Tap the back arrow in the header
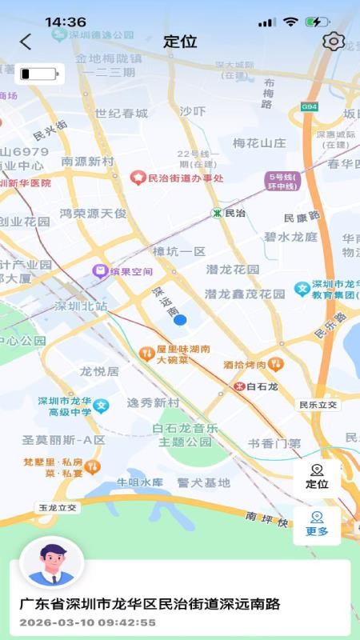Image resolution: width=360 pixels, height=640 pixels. click(26, 42)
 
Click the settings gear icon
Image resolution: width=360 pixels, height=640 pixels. click(333, 42)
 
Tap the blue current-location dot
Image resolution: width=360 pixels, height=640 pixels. click(180, 320)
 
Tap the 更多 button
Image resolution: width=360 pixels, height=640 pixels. click(317, 525)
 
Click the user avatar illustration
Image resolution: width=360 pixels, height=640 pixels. click(51, 562)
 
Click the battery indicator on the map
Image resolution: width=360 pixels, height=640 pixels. click(39, 74)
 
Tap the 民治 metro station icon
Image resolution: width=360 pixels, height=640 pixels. click(217, 214)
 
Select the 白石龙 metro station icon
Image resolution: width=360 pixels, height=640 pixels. click(239, 386)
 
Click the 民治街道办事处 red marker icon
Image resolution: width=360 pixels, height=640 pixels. click(138, 178)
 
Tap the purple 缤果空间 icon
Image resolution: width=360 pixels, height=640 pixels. click(100, 271)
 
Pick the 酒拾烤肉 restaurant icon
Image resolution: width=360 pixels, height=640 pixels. click(275, 364)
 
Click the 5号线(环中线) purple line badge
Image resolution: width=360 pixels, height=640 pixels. click(282, 182)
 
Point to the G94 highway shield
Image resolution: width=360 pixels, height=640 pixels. click(309, 106)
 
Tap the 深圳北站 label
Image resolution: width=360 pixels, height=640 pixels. click(81, 306)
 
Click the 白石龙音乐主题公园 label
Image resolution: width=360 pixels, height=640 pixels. click(185, 435)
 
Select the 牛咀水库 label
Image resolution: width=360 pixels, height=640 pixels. click(140, 482)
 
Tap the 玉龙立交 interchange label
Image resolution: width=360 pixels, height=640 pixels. click(58, 507)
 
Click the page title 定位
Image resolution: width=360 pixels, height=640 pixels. click(180, 42)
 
